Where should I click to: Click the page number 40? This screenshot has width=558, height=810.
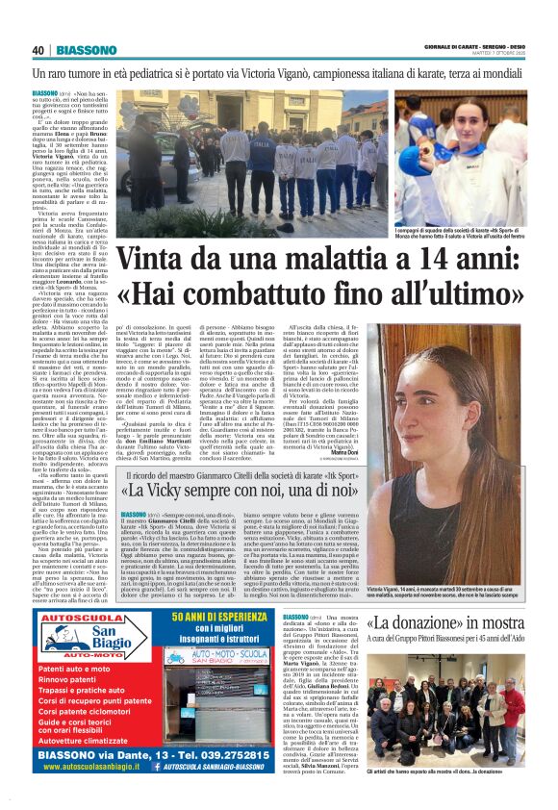pyautogui.click(x=38, y=51)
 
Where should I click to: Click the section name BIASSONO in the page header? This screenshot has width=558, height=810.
pyautogui.click(x=87, y=51)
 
